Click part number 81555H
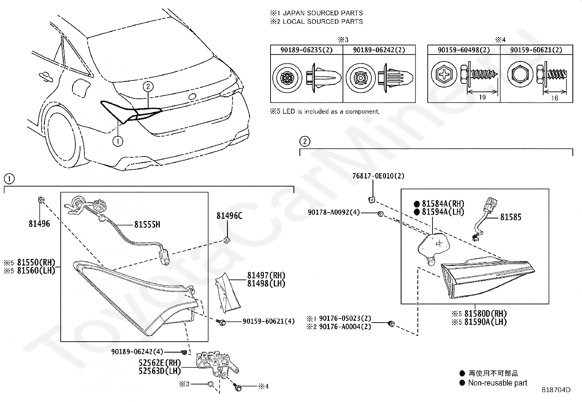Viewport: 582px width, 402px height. click(x=147, y=224)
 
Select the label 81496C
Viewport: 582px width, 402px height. click(x=229, y=216)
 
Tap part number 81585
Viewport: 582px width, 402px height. click(x=511, y=217)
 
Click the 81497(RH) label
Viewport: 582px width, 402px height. click(x=266, y=275)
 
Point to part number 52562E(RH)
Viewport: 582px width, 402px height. click(x=160, y=363)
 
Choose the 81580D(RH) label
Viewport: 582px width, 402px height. click(x=485, y=314)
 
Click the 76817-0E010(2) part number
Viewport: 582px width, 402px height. click(x=378, y=176)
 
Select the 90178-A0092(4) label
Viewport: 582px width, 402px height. click(x=334, y=212)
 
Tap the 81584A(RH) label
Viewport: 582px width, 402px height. click(x=443, y=204)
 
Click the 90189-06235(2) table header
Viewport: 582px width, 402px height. click(x=306, y=50)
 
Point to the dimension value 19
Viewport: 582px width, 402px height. click(x=482, y=97)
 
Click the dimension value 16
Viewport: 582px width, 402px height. click(x=554, y=98)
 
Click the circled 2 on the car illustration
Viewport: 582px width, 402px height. click(x=148, y=86)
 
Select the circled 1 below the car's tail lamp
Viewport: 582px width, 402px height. click(x=118, y=141)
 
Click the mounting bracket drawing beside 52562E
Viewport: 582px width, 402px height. click(x=217, y=364)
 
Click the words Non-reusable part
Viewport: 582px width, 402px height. click(x=498, y=383)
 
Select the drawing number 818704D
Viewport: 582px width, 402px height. click(x=556, y=390)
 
